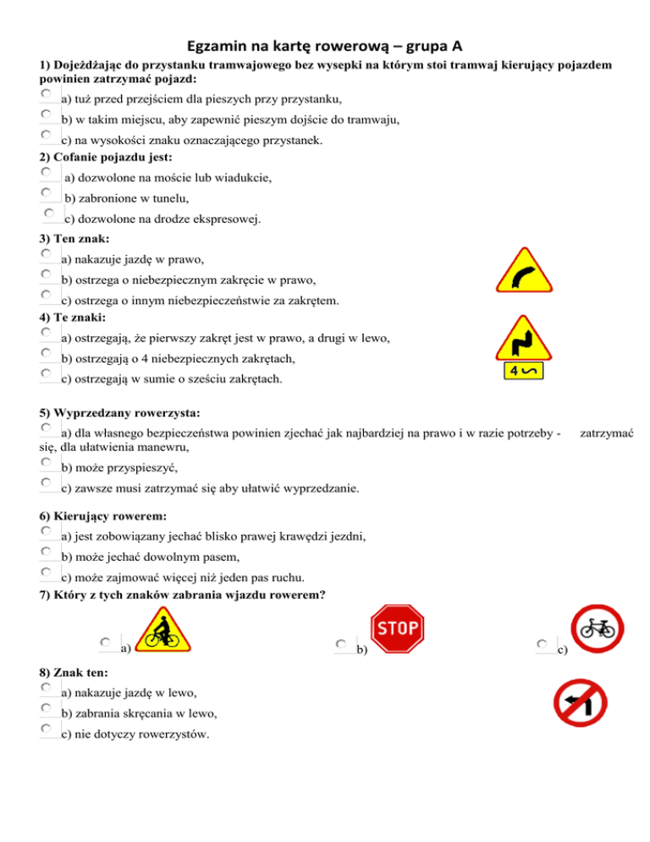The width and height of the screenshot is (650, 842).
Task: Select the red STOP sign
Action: (399, 629)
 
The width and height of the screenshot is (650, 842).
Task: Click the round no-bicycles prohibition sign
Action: (597, 629)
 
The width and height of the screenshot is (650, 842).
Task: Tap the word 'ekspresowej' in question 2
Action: (223, 219)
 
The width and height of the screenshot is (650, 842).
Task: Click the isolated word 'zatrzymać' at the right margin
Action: (605, 433)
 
